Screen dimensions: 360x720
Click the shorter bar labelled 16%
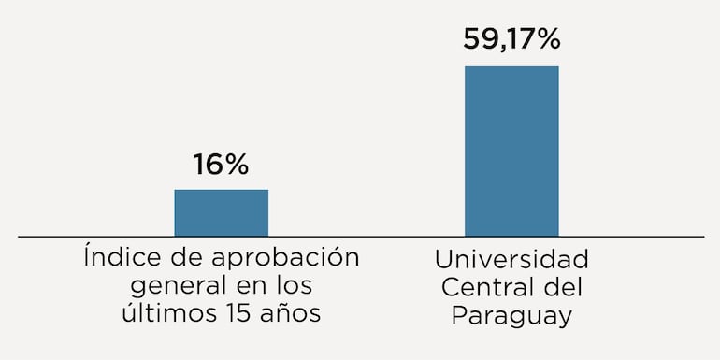coord(221,212)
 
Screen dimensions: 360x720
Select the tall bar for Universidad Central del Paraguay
coord(511,151)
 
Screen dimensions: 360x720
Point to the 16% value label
coord(221,166)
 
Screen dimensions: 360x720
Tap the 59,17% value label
coord(511,39)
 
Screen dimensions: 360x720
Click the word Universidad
coord(511,258)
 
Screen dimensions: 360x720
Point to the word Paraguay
coord(511,316)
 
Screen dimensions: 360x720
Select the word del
coord(563,286)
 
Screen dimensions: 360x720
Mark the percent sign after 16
coord(237,166)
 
